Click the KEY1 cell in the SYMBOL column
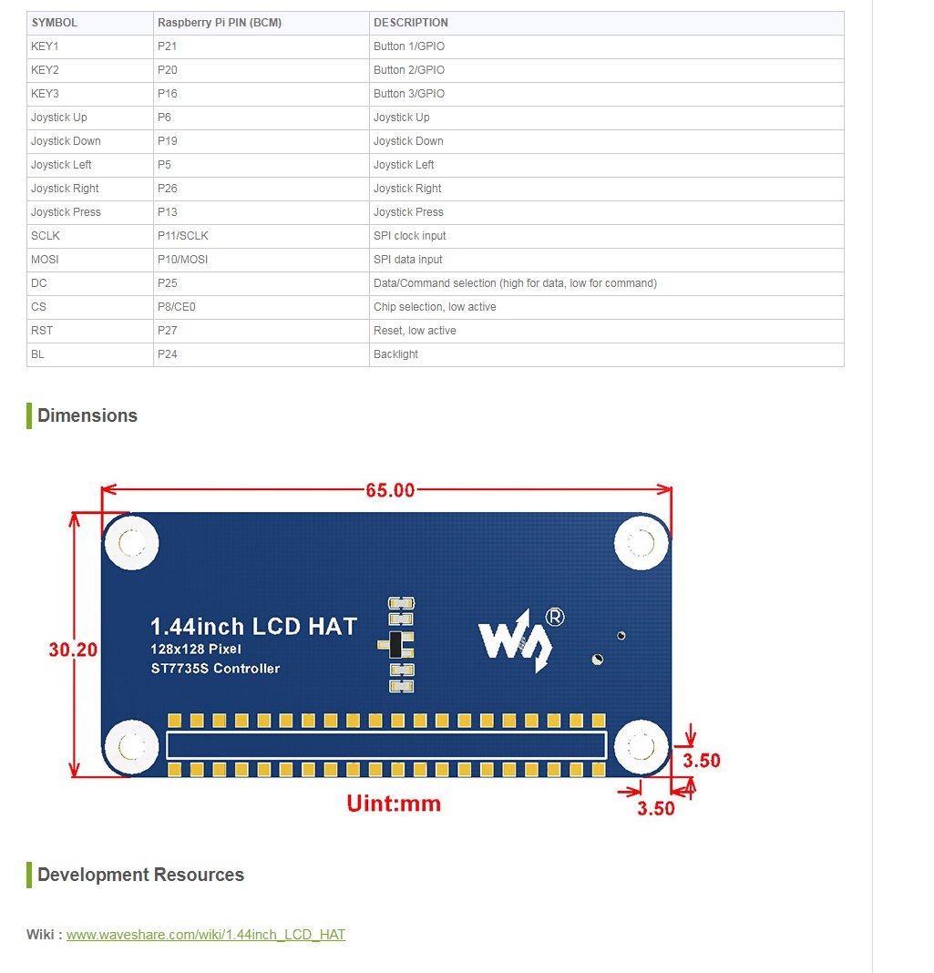click(46, 46)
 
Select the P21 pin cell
click(165, 46)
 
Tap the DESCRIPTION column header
click(411, 23)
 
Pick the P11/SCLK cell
click(183, 236)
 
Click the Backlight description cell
click(395, 354)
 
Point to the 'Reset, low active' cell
click(415, 331)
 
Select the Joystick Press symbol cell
click(66, 212)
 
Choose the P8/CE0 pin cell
click(177, 307)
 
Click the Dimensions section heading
click(87, 415)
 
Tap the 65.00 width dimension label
click(390, 490)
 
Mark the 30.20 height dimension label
click(74, 650)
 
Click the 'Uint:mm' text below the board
click(394, 804)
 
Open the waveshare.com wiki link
click(206, 935)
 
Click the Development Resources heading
click(140, 875)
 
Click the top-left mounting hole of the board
click(132, 544)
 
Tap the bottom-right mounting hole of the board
click(641, 748)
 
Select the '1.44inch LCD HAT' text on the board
click(253, 627)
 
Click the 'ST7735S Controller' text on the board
click(215, 669)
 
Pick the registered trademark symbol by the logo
click(554, 617)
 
